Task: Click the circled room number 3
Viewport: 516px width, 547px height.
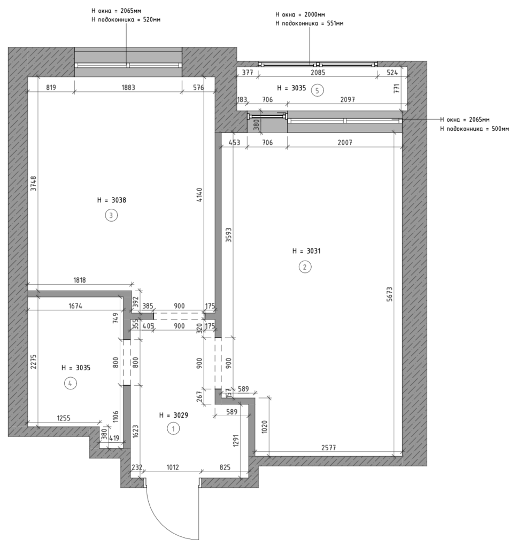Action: [x=111, y=215]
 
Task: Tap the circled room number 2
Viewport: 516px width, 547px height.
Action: [x=305, y=267]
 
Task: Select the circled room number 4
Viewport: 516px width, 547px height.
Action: [x=71, y=384]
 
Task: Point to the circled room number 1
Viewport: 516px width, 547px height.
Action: [x=173, y=428]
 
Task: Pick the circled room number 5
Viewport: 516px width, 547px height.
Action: [x=317, y=91]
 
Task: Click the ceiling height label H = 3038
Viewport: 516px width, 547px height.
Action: [x=111, y=200]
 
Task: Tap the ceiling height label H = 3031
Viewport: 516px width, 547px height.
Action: [x=306, y=251]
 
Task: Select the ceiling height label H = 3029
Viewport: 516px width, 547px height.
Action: [x=173, y=415]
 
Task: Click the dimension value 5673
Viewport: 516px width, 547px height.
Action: [x=390, y=294]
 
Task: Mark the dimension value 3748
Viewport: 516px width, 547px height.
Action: [x=34, y=183]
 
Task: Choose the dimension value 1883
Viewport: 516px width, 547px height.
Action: [x=128, y=87]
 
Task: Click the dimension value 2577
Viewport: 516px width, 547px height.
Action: [x=328, y=447]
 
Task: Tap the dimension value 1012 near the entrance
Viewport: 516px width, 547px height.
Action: [x=173, y=467]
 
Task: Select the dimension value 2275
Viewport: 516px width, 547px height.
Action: [x=34, y=362]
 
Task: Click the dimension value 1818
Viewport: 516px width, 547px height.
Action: [x=80, y=280]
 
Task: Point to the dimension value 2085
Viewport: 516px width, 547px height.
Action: [x=318, y=73]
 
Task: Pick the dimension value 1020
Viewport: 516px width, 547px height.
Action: [x=264, y=427]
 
